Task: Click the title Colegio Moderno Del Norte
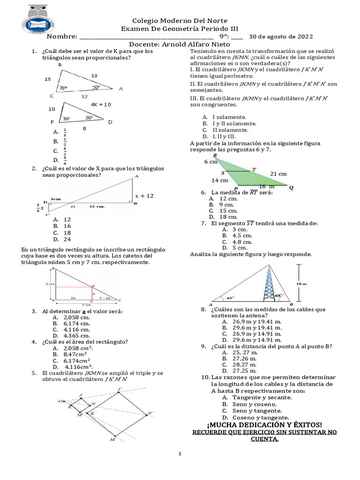coord(180,21)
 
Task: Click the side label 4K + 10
coord(101,105)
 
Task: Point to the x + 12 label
coord(144,196)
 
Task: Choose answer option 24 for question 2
coord(67,239)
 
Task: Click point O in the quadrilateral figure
coord(60,401)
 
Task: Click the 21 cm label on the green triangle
coord(278,173)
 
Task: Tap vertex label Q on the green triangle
coord(291,188)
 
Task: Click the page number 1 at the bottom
coord(180,454)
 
